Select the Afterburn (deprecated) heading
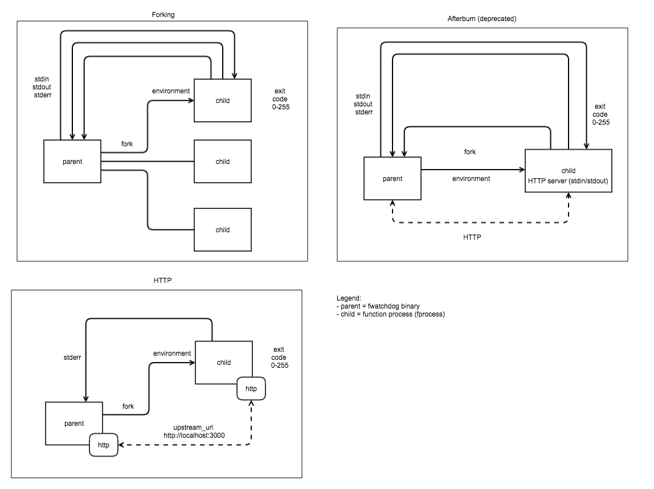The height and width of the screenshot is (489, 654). click(x=482, y=19)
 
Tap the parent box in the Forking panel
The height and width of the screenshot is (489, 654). click(x=72, y=161)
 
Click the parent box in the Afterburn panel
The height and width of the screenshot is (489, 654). click(x=392, y=178)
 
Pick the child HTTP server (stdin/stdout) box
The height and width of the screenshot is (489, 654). click(x=568, y=175)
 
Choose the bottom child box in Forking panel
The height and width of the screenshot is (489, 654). click(x=222, y=229)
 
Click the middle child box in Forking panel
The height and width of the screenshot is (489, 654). click(x=222, y=161)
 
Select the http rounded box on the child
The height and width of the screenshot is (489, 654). click(x=251, y=389)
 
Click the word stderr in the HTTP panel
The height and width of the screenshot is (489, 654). click(x=72, y=358)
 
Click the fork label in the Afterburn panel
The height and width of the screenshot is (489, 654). click(x=469, y=152)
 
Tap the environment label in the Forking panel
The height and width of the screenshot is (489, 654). click(x=170, y=91)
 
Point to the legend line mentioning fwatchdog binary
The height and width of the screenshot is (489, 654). click(x=378, y=306)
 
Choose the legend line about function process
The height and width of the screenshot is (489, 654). click(x=391, y=314)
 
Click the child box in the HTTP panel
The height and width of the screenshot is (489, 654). click(x=223, y=362)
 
